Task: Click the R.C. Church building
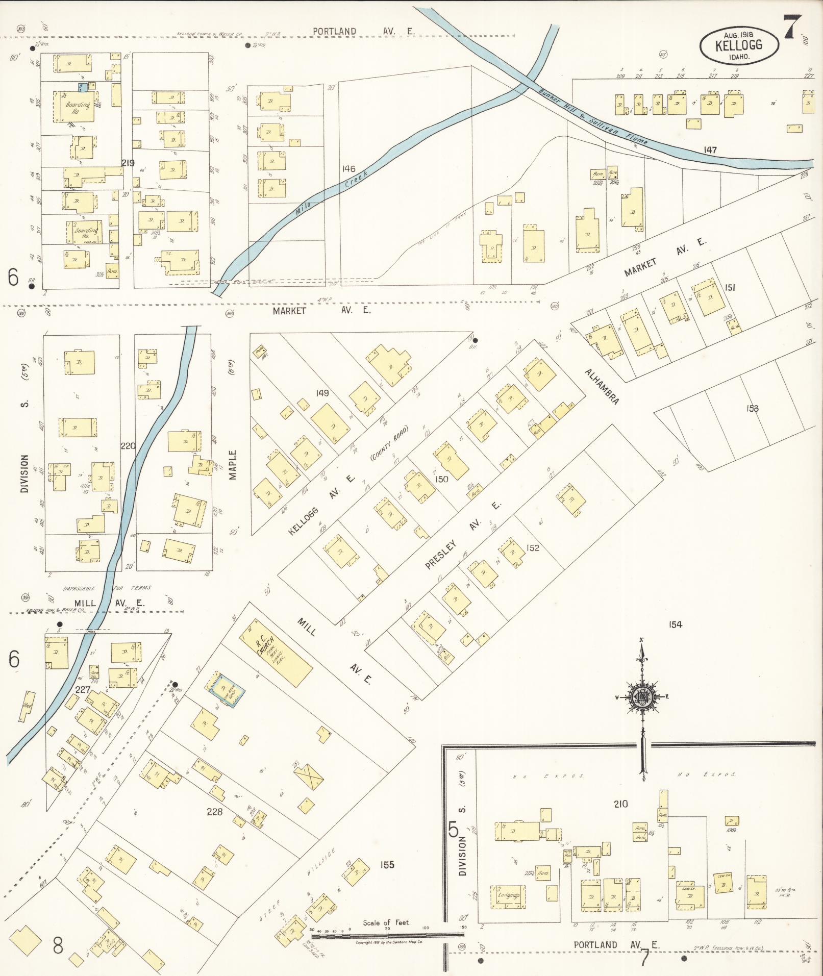click(x=276, y=653)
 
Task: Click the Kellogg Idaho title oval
click(x=739, y=45)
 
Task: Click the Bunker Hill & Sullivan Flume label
click(x=592, y=118)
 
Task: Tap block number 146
click(x=349, y=169)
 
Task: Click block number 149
click(x=322, y=393)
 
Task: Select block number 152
click(x=533, y=548)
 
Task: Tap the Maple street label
click(x=233, y=464)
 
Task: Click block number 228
click(x=215, y=812)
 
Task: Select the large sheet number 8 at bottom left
click(x=58, y=945)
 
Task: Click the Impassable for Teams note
click(x=107, y=588)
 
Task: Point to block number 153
click(x=752, y=408)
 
